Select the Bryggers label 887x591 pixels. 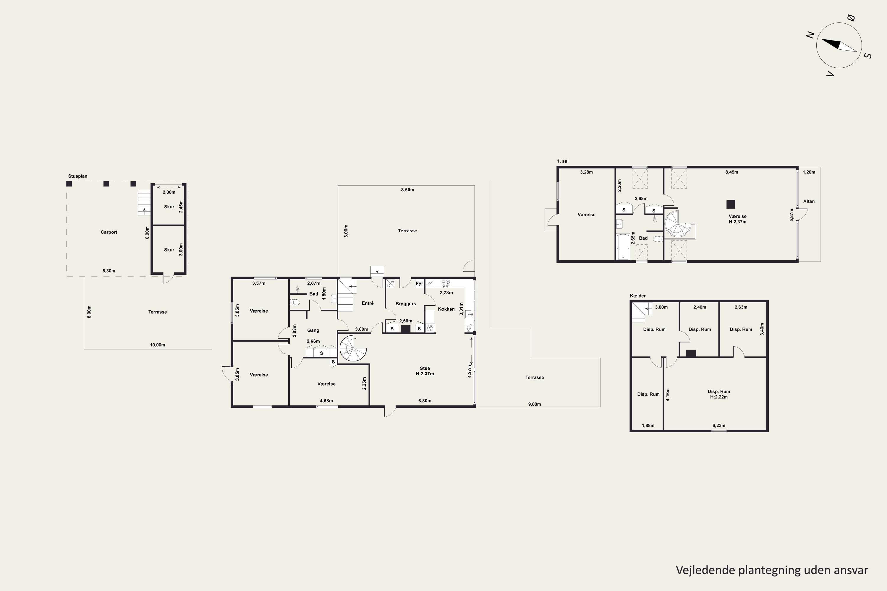pos(406,304)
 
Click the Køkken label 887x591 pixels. pos(446,309)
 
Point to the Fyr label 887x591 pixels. pos(419,283)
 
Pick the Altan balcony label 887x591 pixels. pos(809,201)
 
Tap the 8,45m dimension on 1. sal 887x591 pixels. pos(731,172)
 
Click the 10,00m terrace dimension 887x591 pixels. pos(157,345)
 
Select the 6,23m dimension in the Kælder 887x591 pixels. pos(719,426)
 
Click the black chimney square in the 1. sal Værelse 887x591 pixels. pos(731,204)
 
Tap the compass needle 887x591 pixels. pos(839,45)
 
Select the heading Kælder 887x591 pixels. pos(638,296)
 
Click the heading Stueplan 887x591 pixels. pos(78,176)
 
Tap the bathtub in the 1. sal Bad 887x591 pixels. pos(623,247)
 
